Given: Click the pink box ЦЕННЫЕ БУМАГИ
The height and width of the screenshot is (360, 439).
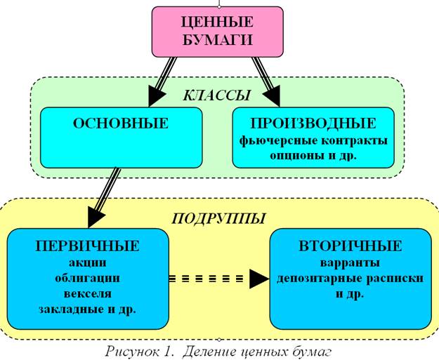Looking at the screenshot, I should [x=218, y=32].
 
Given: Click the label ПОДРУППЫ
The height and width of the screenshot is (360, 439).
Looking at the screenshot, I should [x=218, y=218].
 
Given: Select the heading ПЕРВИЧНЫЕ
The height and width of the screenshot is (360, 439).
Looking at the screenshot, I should [x=87, y=246].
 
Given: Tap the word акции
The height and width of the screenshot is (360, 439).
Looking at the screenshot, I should [x=87, y=262].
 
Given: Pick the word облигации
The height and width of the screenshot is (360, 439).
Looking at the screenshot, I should [x=87, y=278].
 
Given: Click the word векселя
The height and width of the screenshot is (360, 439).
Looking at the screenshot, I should [x=87, y=293].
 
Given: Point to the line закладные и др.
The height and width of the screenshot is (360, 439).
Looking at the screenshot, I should [x=87, y=308].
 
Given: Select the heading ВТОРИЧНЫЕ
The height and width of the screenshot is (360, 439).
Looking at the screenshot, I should [x=349, y=246].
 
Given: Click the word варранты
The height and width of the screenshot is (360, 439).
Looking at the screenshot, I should [x=349, y=263].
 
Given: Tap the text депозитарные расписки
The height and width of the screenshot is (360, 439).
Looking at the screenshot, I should [x=349, y=278].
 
